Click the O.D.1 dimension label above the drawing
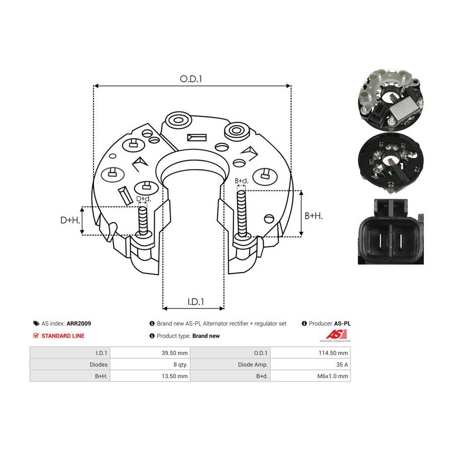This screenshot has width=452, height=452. click(x=191, y=79)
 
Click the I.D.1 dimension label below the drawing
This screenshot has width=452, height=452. click(x=196, y=301)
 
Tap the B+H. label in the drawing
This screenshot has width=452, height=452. click(x=313, y=215)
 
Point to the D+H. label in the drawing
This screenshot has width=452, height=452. click(x=70, y=220)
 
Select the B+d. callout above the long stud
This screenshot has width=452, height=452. click(x=241, y=181)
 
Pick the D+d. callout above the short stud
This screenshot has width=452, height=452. click(x=143, y=198)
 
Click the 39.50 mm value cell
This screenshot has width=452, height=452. click(x=174, y=353)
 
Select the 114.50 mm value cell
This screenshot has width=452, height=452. click(x=333, y=353)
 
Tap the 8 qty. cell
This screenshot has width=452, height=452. click(x=180, y=365)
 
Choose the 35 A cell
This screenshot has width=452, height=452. click(x=342, y=365)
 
